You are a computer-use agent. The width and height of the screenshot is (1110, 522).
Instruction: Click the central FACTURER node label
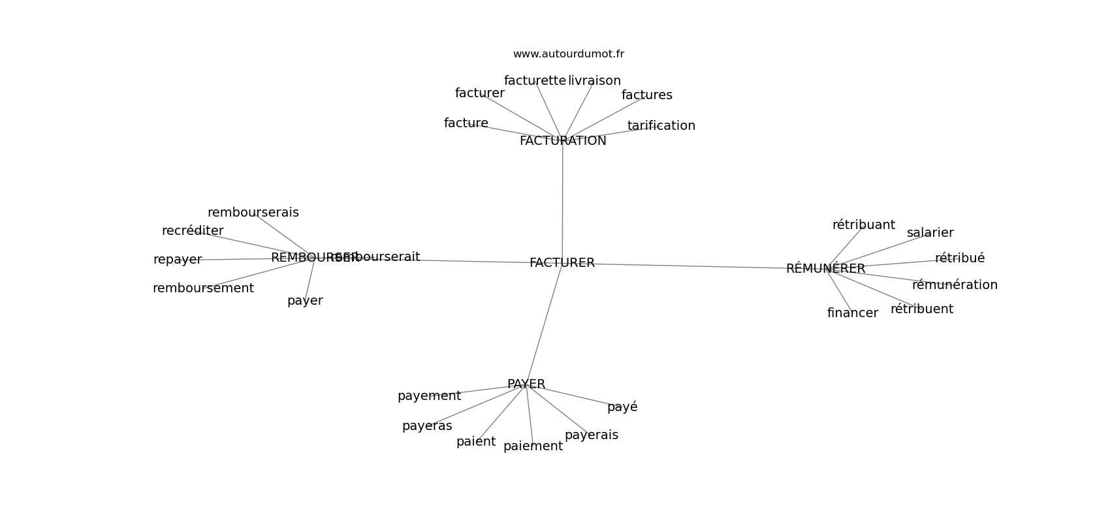coord(562,263)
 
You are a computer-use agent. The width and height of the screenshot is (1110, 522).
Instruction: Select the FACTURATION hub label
coord(563,141)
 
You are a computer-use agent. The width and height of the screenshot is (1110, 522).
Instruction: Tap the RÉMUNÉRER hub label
coord(825,269)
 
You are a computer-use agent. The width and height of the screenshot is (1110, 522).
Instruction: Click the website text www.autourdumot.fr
coord(568,54)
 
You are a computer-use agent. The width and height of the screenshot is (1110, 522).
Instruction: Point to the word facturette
coord(535,81)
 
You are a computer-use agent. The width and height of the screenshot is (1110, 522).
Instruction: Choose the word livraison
coord(594,81)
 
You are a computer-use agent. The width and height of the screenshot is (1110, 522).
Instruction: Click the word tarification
coord(661,126)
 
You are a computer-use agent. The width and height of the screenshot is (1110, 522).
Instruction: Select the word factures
coord(646,95)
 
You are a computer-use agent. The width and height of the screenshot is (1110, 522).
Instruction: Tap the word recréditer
coord(193,231)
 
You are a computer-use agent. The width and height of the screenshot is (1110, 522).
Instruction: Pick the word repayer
coord(178,260)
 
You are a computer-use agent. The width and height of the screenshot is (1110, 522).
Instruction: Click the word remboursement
coord(203,288)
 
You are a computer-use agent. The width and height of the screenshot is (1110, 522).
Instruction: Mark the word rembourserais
coord(253,213)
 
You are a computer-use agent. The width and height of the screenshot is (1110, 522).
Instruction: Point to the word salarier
coord(930,233)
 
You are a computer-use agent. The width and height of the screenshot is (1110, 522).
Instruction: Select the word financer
coord(852,313)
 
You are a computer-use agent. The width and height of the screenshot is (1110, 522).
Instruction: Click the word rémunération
coord(955,285)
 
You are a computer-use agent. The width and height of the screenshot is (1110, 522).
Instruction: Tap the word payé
coord(622,407)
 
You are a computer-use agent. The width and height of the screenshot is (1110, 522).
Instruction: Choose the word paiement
coord(533,446)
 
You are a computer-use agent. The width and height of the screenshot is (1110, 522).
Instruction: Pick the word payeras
coord(427,426)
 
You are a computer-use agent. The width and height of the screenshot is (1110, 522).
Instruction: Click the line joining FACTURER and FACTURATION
coord(562,202)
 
